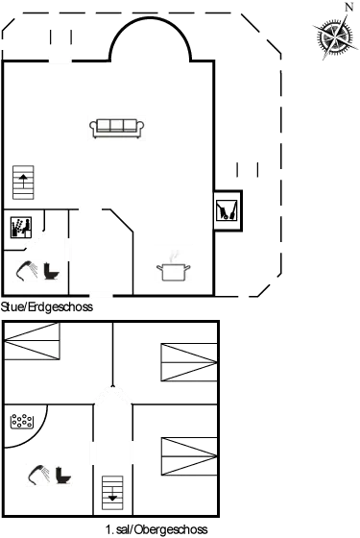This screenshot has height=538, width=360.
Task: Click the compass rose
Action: (x=333, y=38)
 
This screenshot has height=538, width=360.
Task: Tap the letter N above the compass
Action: (x=348, y=8)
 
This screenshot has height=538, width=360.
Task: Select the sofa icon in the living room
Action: (x=116, y=128)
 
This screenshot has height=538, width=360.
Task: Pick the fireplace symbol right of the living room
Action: (x=228, y=209)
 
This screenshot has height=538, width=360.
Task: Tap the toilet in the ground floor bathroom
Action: (x=51, y=270)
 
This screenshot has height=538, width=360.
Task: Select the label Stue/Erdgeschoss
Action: (x=47, y=307)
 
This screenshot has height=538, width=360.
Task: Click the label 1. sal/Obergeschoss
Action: (x=156, y=528)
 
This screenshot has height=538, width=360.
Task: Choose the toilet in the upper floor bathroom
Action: (x=63, y=475)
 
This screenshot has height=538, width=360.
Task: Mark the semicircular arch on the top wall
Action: (x=146, y=40)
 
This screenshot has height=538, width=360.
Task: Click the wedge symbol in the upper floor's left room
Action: (x=32, y=340)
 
